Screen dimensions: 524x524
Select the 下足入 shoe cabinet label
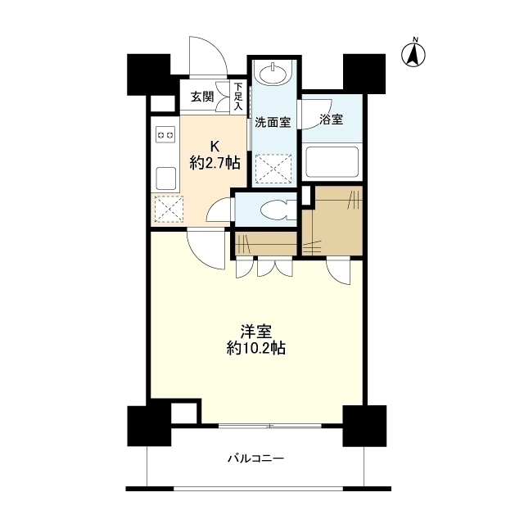[238, 97]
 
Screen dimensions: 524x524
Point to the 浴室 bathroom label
[331, 120]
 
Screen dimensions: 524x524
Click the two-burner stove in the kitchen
[165, 134]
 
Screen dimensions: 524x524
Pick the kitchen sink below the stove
[165, 175]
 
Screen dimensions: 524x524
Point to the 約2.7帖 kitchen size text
[215, 163]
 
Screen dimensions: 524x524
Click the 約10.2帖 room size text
[256, 348]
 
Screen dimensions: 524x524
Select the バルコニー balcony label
[255, 459]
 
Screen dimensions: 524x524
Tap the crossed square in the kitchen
[167, 209]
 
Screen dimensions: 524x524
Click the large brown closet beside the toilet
[332, 221]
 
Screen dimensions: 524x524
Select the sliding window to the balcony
[270, 426]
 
